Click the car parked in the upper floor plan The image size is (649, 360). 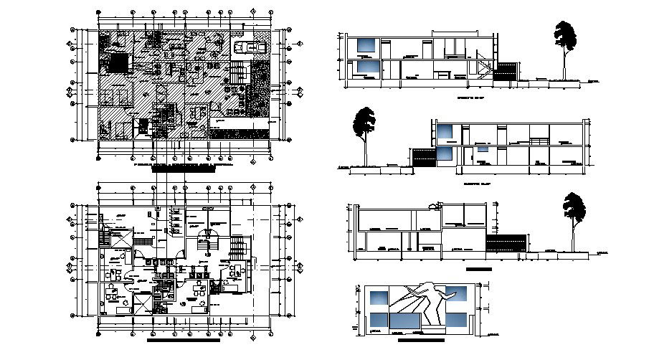pos(250,47)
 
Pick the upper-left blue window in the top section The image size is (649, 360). pos(367,44)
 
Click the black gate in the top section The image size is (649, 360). pos(507,70)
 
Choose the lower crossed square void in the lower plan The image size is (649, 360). pos(143,303)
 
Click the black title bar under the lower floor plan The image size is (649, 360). pos(183,341)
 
